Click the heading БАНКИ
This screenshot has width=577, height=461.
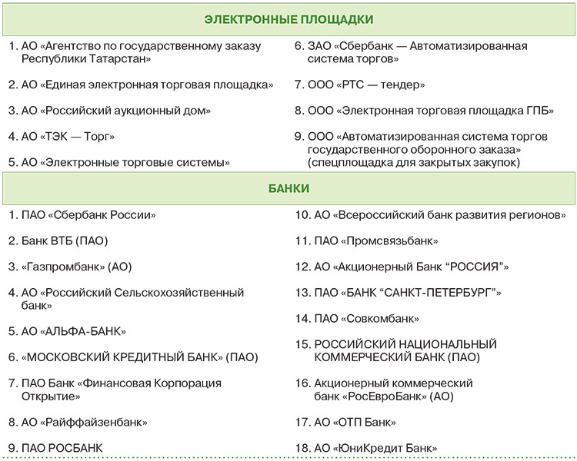tap(288, 187)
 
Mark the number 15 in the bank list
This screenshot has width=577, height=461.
tap(302, 344)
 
